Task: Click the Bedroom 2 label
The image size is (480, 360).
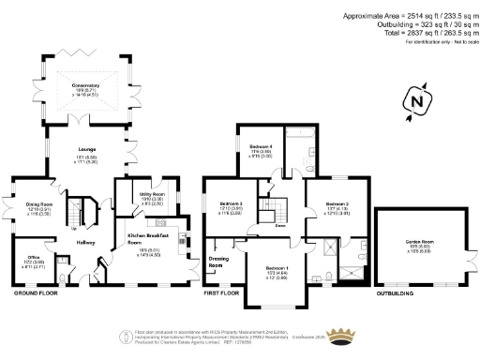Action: pyautogui.click(x=337, y=203)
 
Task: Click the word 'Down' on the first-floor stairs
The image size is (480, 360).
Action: pyautogui.click(x=279, y=226)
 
